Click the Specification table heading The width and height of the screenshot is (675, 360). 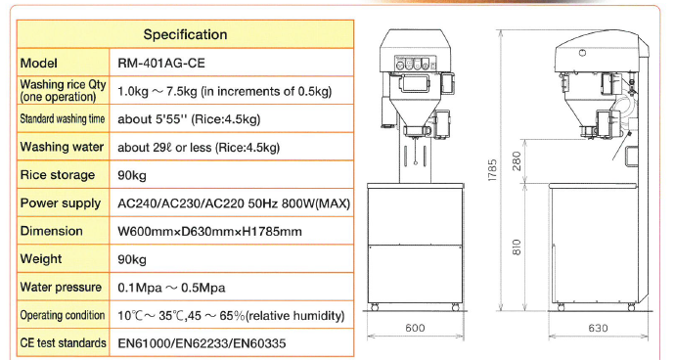coord(185,34)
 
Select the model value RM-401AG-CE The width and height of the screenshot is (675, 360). coord(161,64)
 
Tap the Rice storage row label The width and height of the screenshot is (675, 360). coord(58,175)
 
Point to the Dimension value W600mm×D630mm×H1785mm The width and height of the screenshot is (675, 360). coord(209,231)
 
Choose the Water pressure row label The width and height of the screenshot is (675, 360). coord(61,287)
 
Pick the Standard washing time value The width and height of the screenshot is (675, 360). coord(189,118)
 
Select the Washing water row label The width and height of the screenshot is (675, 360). coord(62,147)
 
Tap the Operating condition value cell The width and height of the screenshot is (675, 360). coord(231,316)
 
